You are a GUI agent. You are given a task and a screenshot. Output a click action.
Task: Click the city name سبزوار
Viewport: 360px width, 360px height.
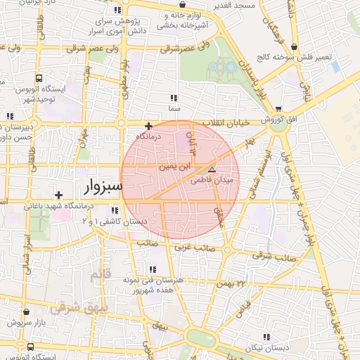(x=103, y=187)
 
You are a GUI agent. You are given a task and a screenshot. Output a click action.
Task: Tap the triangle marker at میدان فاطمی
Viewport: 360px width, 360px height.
(x=212, y=169)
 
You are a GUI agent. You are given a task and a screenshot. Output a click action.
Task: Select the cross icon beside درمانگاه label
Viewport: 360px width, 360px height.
(x=148, y=126)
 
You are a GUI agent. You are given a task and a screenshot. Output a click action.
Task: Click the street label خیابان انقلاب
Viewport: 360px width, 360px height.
(x=226, y=122)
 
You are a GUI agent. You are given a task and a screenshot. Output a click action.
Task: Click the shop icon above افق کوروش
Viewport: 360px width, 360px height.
(x=280, y=109)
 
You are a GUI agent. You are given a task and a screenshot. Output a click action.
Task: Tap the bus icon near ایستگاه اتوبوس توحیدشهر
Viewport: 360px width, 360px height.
(x=38, y=79)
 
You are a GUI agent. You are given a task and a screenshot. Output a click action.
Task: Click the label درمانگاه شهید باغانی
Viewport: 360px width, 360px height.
(x=59, y=207)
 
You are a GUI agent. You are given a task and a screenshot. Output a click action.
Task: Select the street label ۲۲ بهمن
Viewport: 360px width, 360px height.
(x=233, y=282)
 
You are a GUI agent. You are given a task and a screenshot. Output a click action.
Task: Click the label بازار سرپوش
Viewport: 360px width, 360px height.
(x=27, y=322)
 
